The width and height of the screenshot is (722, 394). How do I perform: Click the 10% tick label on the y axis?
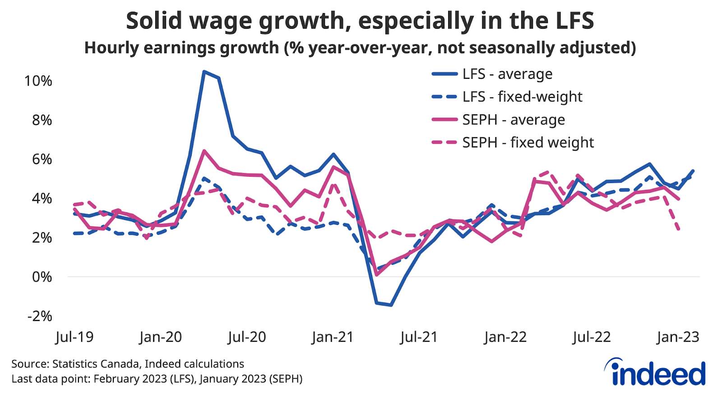click(38, 81)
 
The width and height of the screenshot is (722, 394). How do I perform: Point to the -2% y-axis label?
click(40, 316)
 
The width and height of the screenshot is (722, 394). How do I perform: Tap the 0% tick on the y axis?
click(42, 277)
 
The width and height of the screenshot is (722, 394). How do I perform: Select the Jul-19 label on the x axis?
click(74, 337)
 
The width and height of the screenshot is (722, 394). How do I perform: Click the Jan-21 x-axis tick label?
click(333, 337)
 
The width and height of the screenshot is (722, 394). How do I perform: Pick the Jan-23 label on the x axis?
click(678, 337)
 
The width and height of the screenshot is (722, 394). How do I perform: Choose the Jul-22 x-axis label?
click(591, 337)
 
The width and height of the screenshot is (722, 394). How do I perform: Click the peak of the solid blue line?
click(204, 71)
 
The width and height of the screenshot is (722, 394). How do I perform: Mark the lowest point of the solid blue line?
click(391, 305)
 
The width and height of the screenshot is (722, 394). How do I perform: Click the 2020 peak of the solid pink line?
click(204, 151)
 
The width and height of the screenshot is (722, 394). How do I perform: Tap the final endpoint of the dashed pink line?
click(679, 229)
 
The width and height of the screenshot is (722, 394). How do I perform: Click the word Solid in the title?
click(154, 21)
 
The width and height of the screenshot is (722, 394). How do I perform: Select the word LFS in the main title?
click(570, 21)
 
